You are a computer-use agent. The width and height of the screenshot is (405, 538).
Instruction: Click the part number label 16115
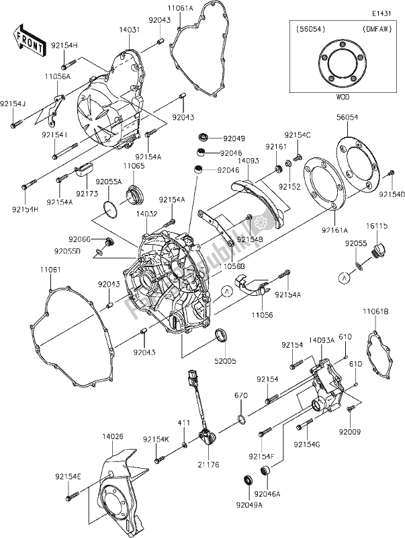point(377,227)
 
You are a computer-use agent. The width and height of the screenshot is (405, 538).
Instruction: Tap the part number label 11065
point(132,165)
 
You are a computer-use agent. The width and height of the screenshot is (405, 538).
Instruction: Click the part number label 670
point(241,395)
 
